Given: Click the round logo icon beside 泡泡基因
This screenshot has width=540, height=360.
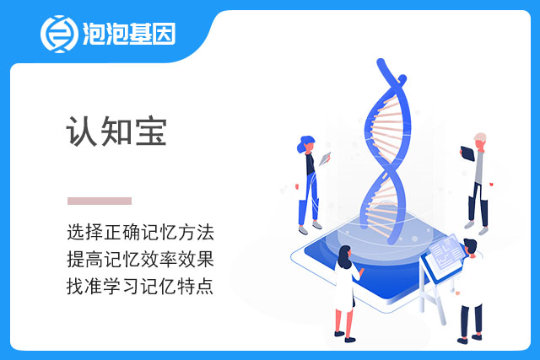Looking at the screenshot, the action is click(59, 34).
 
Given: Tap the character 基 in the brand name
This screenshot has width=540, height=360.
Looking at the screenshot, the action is click(140, 34).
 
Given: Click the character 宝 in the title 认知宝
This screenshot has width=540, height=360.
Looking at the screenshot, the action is click(151, 132).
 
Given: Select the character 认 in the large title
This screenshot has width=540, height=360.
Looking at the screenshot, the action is click(82, 132).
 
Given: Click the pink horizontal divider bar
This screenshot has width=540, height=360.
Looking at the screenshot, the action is click(100, 201).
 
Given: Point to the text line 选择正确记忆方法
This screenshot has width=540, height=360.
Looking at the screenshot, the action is click(141, 232).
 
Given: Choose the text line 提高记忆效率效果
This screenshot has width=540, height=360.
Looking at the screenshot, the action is click(141, 259).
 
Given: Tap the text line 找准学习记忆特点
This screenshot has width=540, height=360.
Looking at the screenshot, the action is click(140, 286).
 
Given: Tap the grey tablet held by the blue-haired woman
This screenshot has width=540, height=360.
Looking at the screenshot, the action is click(325, 159).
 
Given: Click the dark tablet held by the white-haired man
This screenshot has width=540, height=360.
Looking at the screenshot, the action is click(467, 153).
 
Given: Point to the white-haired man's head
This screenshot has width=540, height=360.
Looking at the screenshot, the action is click(480, 139).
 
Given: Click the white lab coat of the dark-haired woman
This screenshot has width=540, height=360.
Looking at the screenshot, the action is click(345, 287).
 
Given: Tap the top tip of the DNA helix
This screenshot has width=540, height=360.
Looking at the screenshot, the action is click(381, 62).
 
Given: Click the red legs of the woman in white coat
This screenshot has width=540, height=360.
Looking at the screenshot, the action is click(345, 322).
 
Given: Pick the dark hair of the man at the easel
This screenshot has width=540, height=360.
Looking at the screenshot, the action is click(471, 244).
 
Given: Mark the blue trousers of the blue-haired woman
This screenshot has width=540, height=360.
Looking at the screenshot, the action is click(310, 200).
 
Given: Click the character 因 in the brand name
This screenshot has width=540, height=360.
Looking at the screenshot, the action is click(165, 34).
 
